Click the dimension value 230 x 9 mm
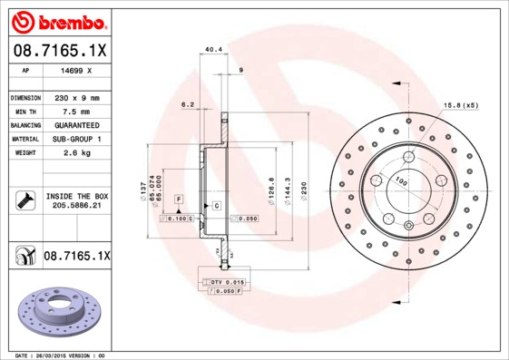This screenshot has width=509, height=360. (75, 97)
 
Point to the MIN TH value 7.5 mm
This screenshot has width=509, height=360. (75, 111)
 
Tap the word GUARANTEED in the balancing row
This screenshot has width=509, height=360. (75, 124)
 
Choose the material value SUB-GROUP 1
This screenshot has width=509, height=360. (75, 139)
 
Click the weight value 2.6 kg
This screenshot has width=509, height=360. (75, 153)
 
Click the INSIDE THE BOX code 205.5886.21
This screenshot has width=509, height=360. (76, 207)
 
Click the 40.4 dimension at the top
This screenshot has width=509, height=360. (214, 51)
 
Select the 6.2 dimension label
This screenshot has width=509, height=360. (188, 104)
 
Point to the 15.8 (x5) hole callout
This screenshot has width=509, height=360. (460, 105)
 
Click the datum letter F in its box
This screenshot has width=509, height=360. (179, 198)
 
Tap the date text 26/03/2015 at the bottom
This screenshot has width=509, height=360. (53, 355)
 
